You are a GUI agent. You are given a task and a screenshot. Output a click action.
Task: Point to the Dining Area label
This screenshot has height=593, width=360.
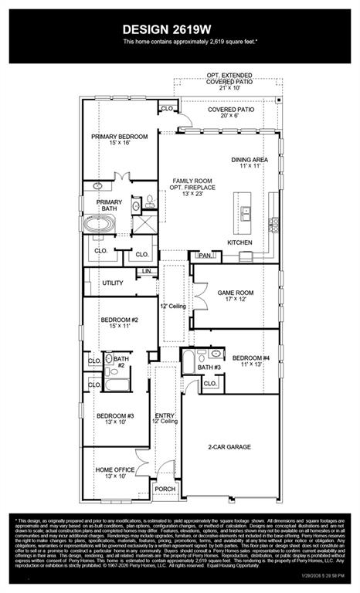(x=252, y=160)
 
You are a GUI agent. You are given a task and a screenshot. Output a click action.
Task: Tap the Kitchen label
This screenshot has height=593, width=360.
(x=239, y=242)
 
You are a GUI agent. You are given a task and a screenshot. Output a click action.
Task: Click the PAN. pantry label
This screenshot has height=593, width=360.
(x=205, y=255)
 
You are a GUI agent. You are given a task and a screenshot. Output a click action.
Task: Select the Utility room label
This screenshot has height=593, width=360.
(x=113, y=283)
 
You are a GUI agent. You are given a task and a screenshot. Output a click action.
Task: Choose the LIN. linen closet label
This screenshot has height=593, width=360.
(x=147, y=272)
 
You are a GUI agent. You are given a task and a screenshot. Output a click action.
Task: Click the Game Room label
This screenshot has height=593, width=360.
(x=236, y=293)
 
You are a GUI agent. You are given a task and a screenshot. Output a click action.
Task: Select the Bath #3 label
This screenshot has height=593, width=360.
(x=208, y=367)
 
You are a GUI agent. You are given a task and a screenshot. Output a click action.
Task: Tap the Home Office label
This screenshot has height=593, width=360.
(x=115, y=469)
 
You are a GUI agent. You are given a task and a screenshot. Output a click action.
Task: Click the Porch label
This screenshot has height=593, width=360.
(x=165, y=489)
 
